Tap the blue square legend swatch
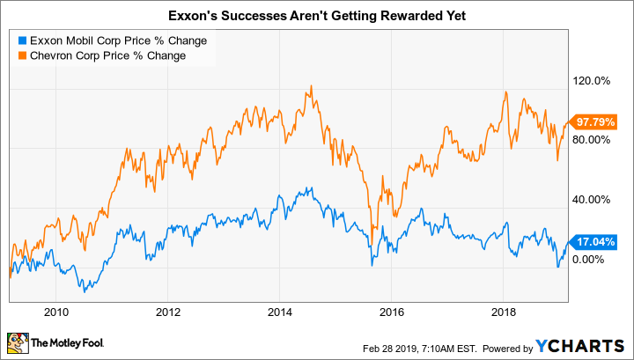(x=22, y=40)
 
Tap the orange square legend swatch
(x=22, y=55)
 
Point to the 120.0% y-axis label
(x=593, y=81)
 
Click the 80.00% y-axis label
(x=593, y=140)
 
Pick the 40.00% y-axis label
(x=593, y=200)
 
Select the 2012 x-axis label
(x=168, y=310)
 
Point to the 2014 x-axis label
(x=280, y=310)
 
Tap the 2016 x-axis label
(x=392, y=310)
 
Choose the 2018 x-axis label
(x=504, y=310)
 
